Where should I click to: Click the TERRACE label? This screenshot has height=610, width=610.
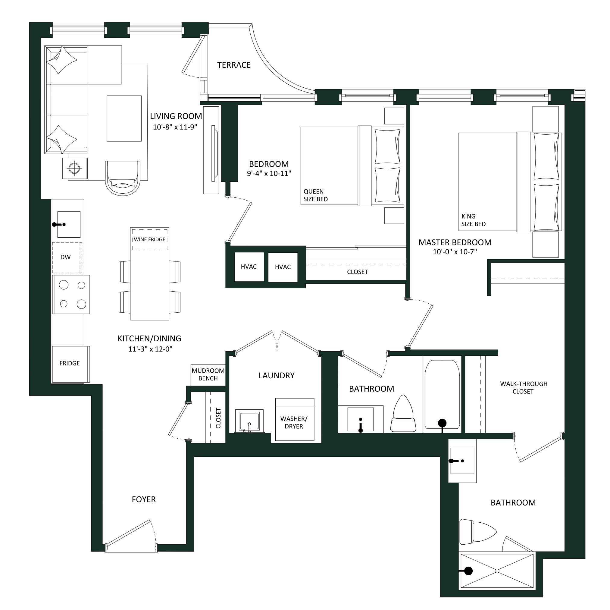coord(234,65)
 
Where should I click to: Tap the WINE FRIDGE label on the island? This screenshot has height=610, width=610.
coord(149,239)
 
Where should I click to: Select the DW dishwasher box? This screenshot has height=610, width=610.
coord(67,258)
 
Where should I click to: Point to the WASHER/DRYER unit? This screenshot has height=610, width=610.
coord(295,419)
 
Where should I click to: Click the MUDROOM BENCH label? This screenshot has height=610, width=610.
coord(208,374)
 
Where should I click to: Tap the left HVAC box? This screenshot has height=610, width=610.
coord(249,267)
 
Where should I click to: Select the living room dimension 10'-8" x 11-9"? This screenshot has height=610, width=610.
coord(175,127)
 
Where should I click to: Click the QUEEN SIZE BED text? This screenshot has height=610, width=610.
coord(315,195)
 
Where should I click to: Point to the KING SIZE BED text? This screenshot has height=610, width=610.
coord(473,220)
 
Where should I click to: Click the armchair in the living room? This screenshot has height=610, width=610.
coord(123,178)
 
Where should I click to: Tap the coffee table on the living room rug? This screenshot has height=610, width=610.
coord(124,118)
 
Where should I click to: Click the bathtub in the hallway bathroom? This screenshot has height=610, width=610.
coord(442,395)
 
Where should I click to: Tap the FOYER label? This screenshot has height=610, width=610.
coord(144,499)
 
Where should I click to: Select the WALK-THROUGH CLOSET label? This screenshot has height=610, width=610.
coord(524,387)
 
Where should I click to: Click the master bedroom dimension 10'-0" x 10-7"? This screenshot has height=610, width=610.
coord(455,252)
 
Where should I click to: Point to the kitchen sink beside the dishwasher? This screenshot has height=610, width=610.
coord(69,224)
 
